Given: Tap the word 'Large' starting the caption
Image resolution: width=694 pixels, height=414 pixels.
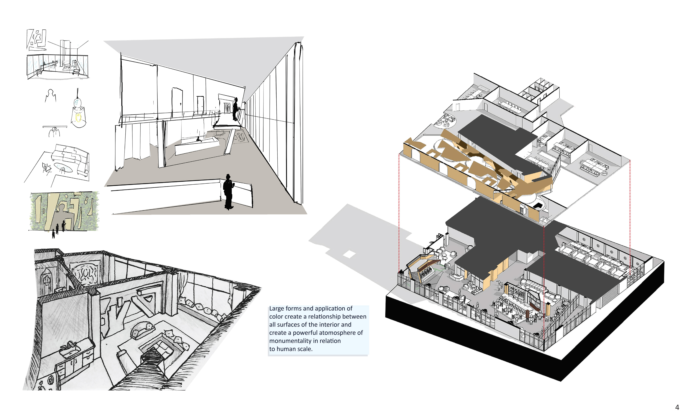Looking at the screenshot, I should (277, 308).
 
